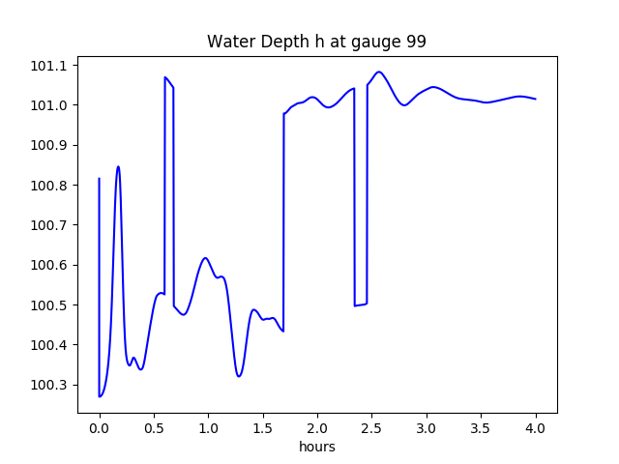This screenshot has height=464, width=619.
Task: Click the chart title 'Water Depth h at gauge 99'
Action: pos(316,43)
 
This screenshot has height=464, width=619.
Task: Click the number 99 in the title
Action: pos(416,43)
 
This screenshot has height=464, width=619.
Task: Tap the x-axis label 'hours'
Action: pos(316,447)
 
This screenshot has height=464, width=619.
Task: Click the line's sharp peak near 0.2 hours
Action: pos(118,166)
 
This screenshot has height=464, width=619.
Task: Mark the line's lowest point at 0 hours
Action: pos(100,396)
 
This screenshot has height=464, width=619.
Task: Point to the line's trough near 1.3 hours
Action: pos(239,376)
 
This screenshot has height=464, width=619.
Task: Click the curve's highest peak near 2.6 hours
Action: pos(379,72)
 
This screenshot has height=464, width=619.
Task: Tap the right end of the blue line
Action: pos(536,99)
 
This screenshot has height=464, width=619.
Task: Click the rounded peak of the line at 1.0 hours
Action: pos(205,258)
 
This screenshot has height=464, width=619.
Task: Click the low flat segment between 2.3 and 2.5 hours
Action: pos(361,304)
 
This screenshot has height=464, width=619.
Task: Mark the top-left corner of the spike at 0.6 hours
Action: pos(165,77)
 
